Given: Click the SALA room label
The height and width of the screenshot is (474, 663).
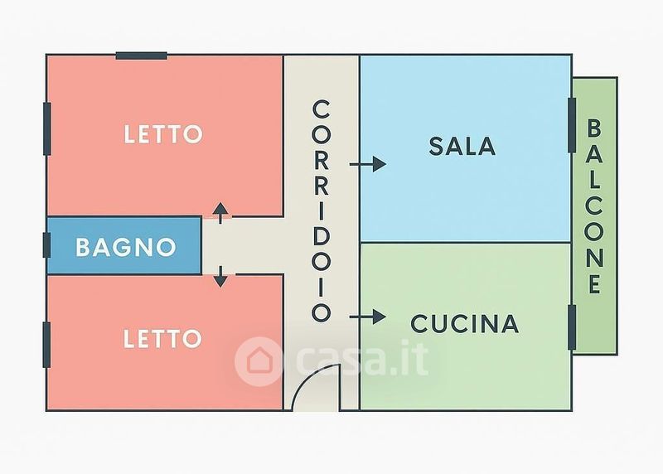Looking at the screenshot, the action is pyautogui.click(x=462, y=146).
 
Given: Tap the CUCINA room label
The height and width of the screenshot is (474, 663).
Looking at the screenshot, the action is pyautogui.click(x=464, y=323).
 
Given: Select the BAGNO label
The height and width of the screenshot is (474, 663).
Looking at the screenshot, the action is pyautogui.click(x=125, y=247).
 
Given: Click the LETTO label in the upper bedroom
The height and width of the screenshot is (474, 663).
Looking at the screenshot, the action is pyautogui.click(x=163, y=134).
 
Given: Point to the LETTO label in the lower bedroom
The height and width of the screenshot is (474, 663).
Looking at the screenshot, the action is pyautogui.click(x=162, y=338).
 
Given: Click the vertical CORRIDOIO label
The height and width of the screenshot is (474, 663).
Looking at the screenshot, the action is pyautogui.click(x=322, y=211).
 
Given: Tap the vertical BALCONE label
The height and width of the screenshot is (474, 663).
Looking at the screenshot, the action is pyautogui.click(x=594, y=207).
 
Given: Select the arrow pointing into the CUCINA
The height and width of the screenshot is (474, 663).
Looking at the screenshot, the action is pyautogui.click(x=368, y=317).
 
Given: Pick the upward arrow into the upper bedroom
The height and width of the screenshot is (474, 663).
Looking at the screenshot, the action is pyautogui.click(x=220, y=213).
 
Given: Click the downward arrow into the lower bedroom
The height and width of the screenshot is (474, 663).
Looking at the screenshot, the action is pyautogui.click(x=220, y=277).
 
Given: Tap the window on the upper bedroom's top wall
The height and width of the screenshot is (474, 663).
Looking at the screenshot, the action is pyautogui.click(x=141, y=56).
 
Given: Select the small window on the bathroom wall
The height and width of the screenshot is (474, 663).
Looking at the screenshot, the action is pyautogui.click(x=47, y=245).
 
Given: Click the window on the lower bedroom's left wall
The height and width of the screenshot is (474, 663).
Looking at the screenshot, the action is pyautogui.click(x=47, y=345).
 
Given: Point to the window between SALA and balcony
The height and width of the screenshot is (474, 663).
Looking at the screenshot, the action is pyautogui.click(x=572, y=125).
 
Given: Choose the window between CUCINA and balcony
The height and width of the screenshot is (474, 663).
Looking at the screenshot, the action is pyautogui.click(x=572, y=326).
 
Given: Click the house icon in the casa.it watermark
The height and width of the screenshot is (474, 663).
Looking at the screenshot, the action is pyautogui.click(x=258, y=360).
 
